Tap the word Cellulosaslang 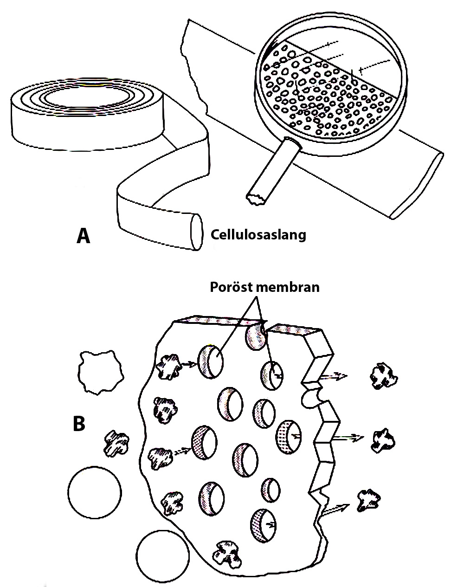(x=258, y=235)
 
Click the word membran (x=288, y=287)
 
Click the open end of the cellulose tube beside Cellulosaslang (x=197, y=232)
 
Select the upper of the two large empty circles (x=95, y=492)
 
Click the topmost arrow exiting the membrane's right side (x=333, y=376)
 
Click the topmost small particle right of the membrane (x=384, y=376)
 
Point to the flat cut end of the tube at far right (x=418, y=185)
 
